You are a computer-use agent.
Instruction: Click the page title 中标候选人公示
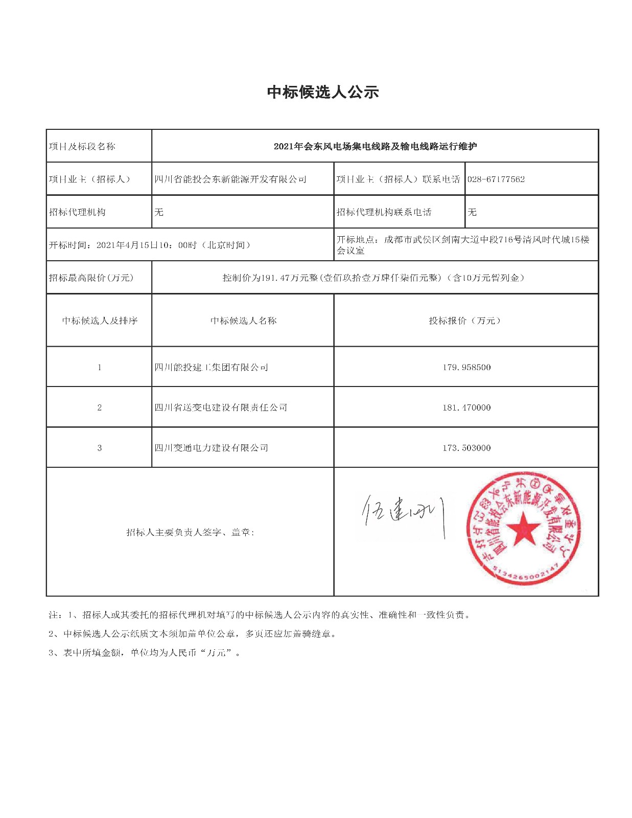[x=323, y=93]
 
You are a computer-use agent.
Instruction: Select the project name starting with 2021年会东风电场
[x=375, y=147]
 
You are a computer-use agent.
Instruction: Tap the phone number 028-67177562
[x=496, y=179]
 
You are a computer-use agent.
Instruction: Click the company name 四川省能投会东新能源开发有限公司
[x=230, y=179]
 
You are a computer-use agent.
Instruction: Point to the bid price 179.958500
[x=466, y=368]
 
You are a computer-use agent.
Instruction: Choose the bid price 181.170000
[x=466, y=408]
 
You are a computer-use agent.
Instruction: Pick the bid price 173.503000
[x=466, y=448]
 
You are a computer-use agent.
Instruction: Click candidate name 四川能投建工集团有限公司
[x=212, y=368]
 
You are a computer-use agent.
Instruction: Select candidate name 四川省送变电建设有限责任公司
[x=221, y=408]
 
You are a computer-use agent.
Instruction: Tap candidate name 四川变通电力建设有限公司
[x=212, y=448]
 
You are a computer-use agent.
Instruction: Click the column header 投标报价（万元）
[x=465, y=321]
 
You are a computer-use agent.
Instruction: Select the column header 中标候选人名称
[x=243, y=321]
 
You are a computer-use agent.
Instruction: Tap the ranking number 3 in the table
[x=100, y=448]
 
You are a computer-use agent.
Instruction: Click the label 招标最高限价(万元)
[x=91, y=278]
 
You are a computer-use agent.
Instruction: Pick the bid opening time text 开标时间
[x=150, y=245]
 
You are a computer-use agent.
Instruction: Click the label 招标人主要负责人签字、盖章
[x=190, y=533]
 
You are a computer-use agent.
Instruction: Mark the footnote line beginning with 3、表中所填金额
[x=145, y=653]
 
